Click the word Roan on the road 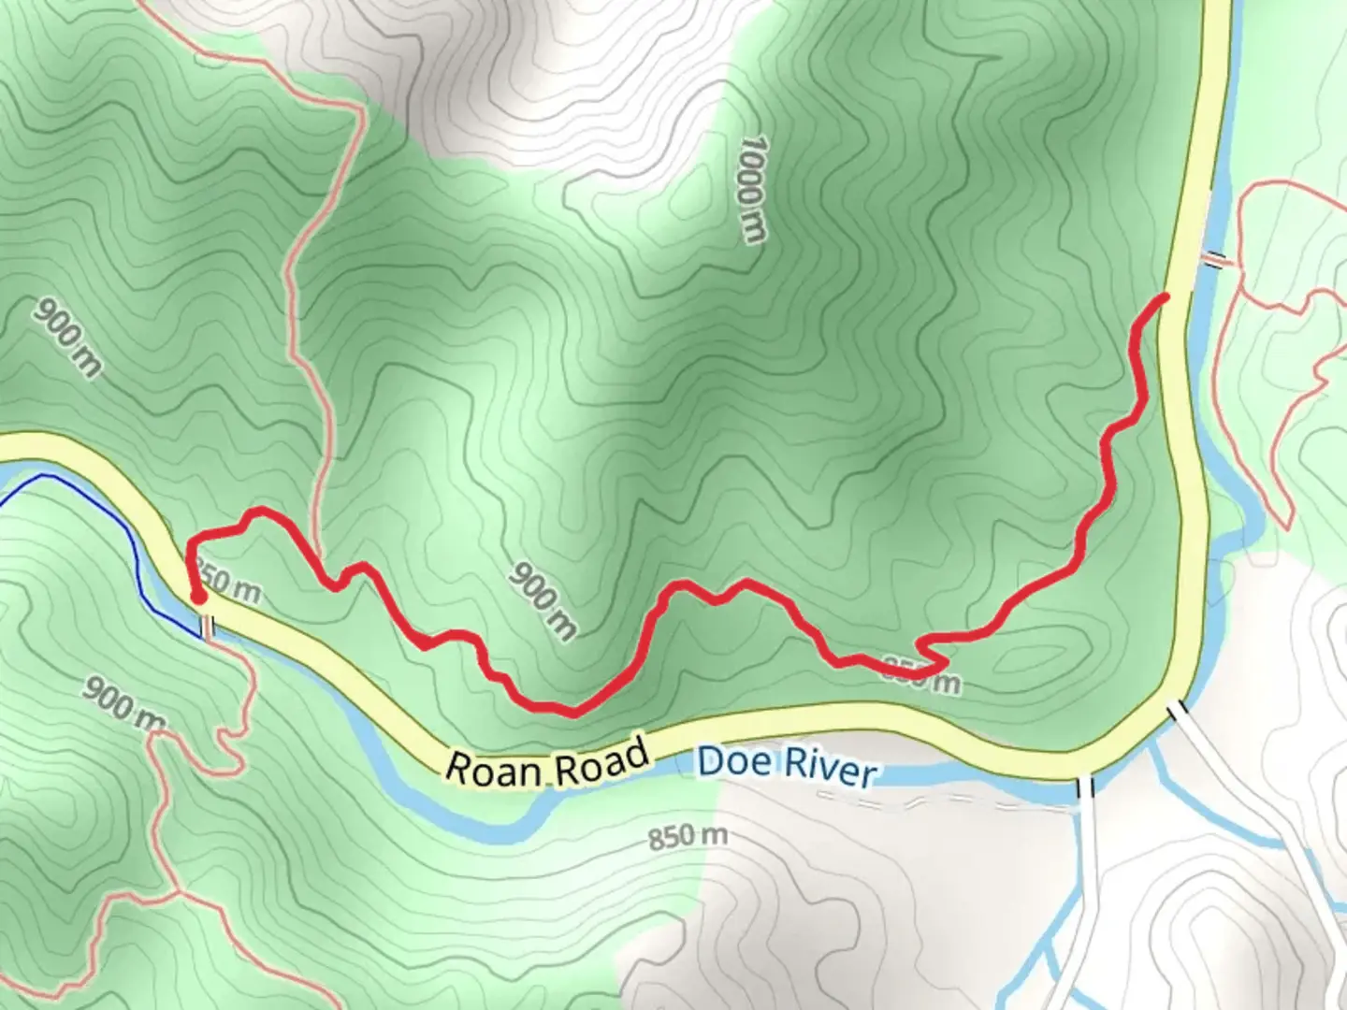tap(493, 766)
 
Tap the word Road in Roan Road tap(601, 757)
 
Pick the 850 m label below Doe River tap(687, 835)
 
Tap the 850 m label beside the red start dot tap(228, 585)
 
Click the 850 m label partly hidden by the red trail tap(922, 675)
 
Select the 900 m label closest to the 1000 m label tap(543, 601)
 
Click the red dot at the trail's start tap(198, 596)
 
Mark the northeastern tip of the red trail tap(1166, 297)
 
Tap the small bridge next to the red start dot tap(208, 626)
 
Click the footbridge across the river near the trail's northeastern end tap(1216, 260)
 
